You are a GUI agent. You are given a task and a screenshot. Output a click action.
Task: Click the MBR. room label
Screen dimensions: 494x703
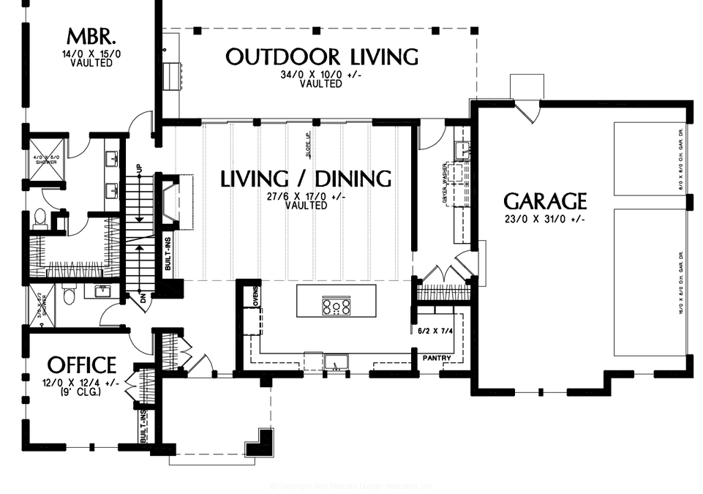91,36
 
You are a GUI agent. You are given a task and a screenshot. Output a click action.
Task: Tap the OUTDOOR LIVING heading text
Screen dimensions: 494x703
321,57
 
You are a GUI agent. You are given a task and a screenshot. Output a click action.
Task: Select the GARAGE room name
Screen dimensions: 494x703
545,201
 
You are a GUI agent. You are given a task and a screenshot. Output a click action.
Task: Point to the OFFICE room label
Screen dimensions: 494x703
81,364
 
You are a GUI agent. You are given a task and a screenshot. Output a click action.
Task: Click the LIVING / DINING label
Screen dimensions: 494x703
306,178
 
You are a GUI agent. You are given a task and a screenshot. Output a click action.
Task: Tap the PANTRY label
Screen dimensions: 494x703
437,358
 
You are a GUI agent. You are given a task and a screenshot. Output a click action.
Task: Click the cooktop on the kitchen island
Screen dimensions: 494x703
337,306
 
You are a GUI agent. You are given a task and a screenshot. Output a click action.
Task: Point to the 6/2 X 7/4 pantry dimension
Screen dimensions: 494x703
436,329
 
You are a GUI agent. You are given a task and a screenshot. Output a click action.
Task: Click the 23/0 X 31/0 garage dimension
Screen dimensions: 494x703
545,220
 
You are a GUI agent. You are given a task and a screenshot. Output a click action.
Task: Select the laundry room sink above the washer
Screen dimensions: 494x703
462,150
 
